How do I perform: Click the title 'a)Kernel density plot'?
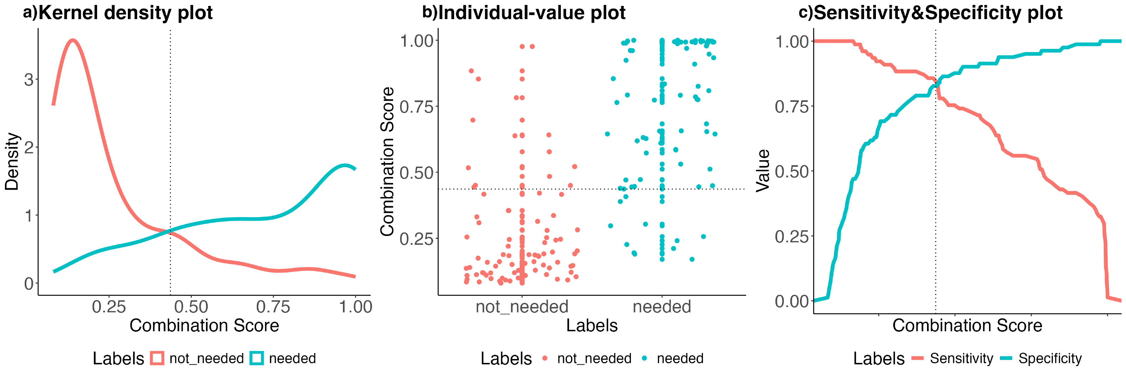coord(118,13)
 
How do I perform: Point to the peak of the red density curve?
coord(72,40)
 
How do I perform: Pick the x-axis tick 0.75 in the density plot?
coord(273,307)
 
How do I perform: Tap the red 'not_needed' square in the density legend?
coord(157,358)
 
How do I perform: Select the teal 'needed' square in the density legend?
coord(256,358)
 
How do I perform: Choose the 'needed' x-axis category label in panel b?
coord(662,307)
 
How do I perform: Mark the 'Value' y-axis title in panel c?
coord(763,171)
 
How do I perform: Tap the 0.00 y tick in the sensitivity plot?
coord(792,301)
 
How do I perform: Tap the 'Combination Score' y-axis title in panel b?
coord(387,162)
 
